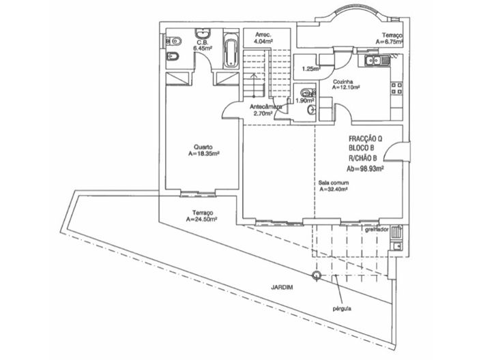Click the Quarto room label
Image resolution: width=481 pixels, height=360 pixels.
click(x=203, y=147)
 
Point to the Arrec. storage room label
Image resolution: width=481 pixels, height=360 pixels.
click(x=263, y=34)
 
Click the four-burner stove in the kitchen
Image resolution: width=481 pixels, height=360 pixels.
click(x=395, y=87)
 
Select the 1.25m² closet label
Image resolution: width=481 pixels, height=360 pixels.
click(x=310, y=68)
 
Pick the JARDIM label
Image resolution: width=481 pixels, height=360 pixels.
click(x=282, y=287)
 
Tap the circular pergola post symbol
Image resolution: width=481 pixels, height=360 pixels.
click(x=316, y=275)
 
